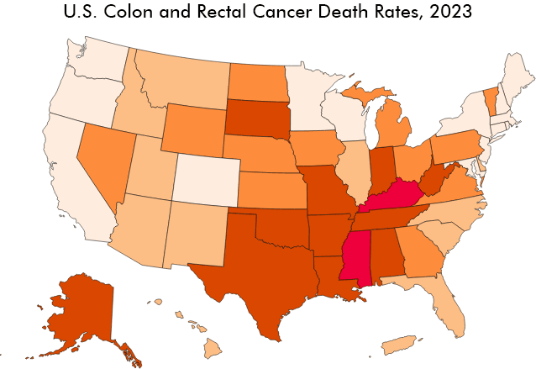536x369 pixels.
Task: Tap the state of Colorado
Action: (x=206, y=181)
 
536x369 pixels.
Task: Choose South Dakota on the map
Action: (x=258, y=118)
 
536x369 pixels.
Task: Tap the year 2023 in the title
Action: (x=451, y=11)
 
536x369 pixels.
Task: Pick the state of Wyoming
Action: (x=194, y=129)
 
